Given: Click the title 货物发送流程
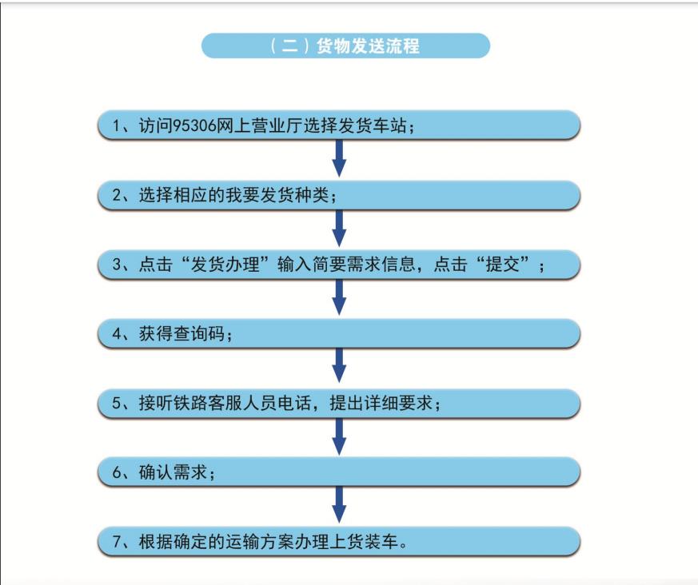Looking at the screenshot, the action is click(x=368, y=46).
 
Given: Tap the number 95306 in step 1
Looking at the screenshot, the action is click(x=194, y=126).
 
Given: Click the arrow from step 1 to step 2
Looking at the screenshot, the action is click(x=339, y=158).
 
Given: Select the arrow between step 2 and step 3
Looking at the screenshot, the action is click(x=339, y=229).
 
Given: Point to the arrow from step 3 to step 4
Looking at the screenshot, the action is click(x=339, y=297).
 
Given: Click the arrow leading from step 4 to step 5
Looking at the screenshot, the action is click(x=339, y=365).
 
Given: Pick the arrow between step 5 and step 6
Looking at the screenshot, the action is click(x=339, y=436).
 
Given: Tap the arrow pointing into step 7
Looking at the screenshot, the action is click(x=339, y=504).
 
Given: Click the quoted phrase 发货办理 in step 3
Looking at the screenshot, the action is click(x=225, y=265).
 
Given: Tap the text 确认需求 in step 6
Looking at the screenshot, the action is click(x=173, y=472).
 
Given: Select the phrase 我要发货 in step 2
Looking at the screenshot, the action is click(x=260, y=195).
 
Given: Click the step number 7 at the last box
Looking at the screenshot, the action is click(x=117, y=542).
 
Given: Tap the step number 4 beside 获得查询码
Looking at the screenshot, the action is click(x=117, y=334).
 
